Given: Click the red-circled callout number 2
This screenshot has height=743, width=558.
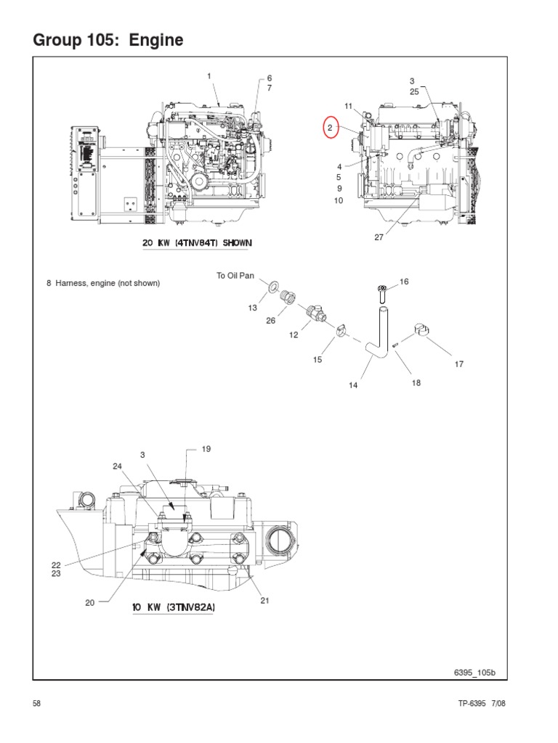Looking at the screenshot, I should [331, 128].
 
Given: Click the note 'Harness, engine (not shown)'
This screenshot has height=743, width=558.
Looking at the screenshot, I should [102, 283].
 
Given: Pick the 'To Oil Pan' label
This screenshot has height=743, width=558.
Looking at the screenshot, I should [235, 276].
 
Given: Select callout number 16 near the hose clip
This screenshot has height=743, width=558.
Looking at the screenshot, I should [404, 281].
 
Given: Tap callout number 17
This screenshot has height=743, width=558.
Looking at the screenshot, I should [458, 364].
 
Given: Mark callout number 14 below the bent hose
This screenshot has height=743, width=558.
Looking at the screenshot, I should [353, 385].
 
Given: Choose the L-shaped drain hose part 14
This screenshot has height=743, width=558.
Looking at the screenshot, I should [378, 334].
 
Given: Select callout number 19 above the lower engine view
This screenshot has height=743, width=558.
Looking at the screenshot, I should [206, 449].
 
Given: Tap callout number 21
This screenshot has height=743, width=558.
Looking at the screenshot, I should [264, 599].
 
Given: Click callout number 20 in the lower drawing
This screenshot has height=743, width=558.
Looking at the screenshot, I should [89, 602].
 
